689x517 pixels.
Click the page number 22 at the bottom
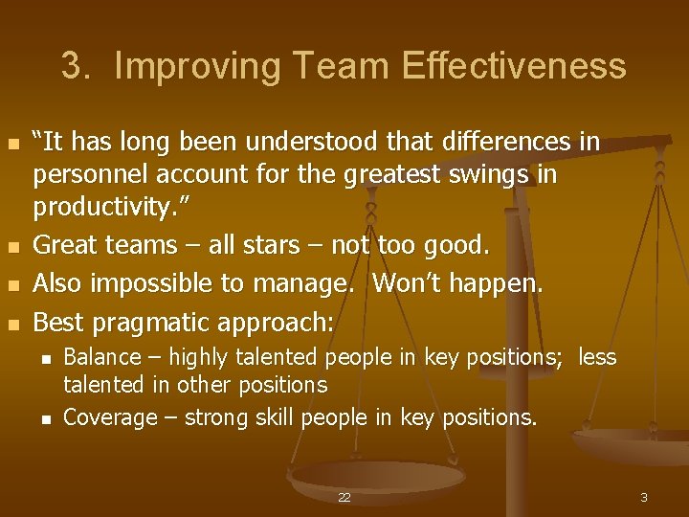point(344,498)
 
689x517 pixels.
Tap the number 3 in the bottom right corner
point(644,498)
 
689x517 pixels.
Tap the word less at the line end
point(598,358)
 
